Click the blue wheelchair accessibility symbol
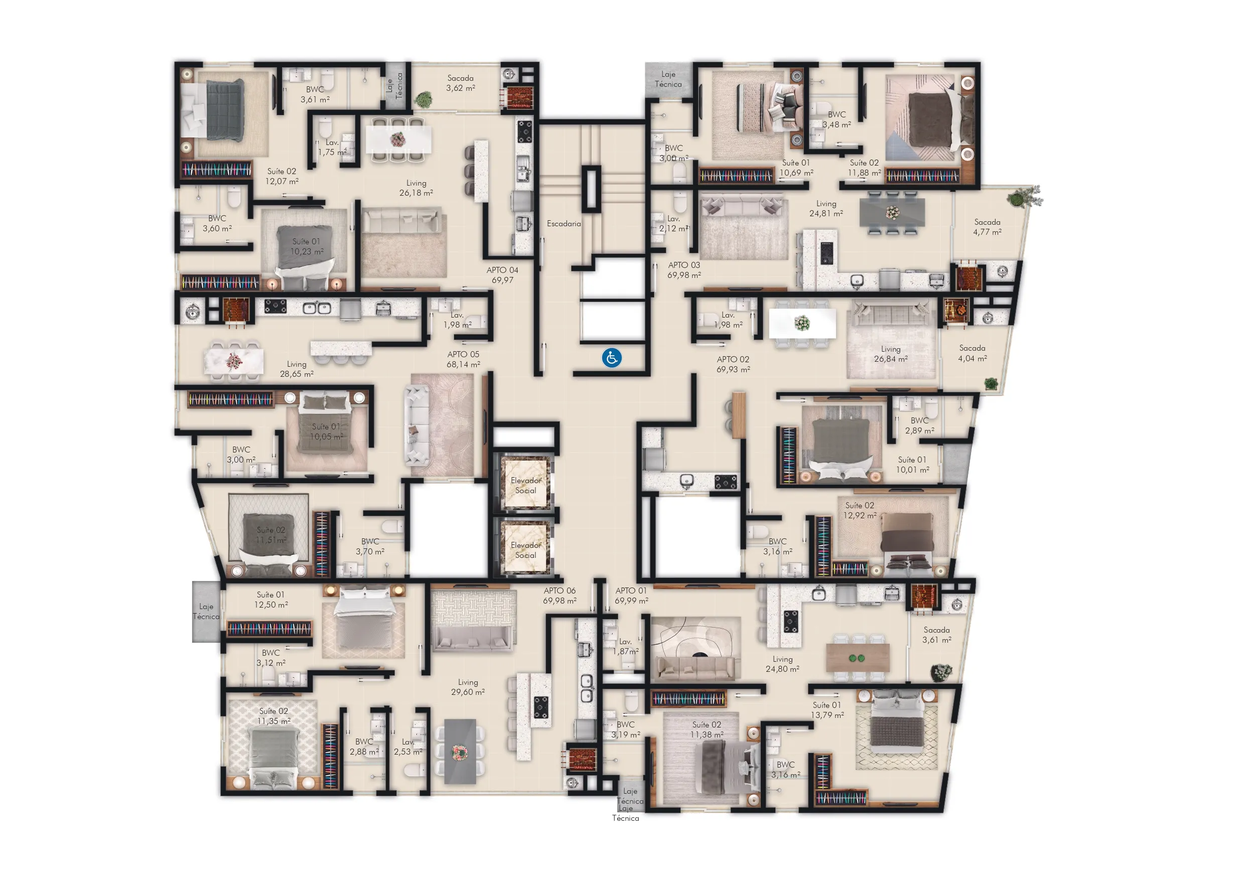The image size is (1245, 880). (612, 358)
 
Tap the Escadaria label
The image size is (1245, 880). (564, 224)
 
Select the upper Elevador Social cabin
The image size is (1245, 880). (525, 485)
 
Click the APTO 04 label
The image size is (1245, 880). (502, 275)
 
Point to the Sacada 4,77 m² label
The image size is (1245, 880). (987, 227)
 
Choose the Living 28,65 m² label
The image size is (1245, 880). (297, 369)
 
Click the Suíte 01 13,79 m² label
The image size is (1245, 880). (827, 710)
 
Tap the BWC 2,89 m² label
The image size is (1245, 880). (919, 425)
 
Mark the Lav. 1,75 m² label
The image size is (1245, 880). (332, 148)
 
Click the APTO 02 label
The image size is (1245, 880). (733, 364)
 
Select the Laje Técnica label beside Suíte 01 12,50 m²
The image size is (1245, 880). (206, 612)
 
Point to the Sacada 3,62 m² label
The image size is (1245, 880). (460, 83)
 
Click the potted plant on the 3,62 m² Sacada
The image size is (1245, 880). (423, 100)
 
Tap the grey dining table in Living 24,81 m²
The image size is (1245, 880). (892, 213)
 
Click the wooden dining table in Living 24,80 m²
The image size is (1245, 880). (857, 658)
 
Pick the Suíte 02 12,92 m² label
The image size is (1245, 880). (860, 510)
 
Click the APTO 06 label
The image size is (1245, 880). (560, 596)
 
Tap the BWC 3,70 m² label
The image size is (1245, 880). (370, 546)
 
